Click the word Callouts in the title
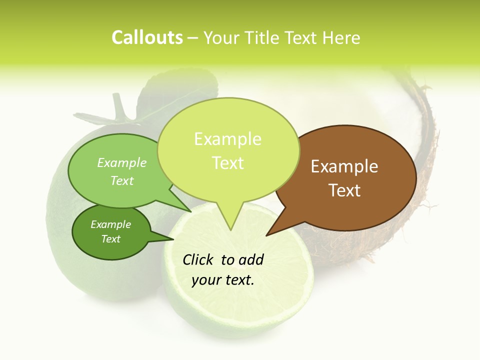[147, 38]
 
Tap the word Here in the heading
[341, 38]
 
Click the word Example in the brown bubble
[344, 166]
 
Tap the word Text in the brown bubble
[344, 190]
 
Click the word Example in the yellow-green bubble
[227, 139]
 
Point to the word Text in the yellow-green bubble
[227, 163]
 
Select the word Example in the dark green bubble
[110, 224]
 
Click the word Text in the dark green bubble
[110, 239]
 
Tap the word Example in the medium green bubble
[122, 163]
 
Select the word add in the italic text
[250, 259]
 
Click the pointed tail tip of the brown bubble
[266, 235]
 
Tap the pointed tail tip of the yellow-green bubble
[230, 229]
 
